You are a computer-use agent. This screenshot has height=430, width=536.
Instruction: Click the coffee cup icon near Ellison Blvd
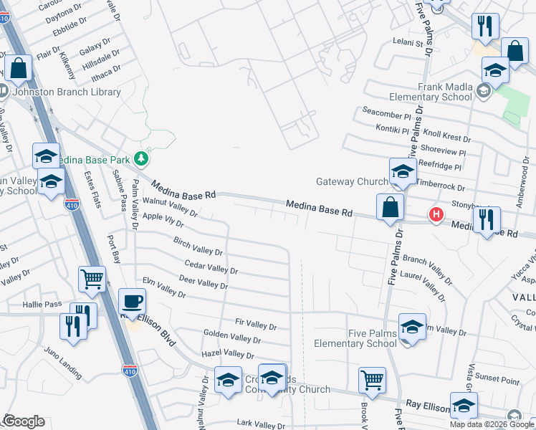pos(131,301)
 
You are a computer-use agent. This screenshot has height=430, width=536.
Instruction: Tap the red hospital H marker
pos(435,214)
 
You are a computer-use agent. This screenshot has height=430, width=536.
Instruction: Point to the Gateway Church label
pos(352,182)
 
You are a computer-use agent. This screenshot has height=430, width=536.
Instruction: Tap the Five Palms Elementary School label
pos(355,338)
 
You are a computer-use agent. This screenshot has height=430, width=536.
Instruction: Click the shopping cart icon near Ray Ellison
pos(372,381)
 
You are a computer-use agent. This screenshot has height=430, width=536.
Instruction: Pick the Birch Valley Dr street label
pos(198,246)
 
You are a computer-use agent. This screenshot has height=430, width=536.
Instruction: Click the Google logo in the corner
pos(23,421)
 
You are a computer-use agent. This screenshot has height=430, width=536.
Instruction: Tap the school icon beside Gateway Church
pos(403,172)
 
